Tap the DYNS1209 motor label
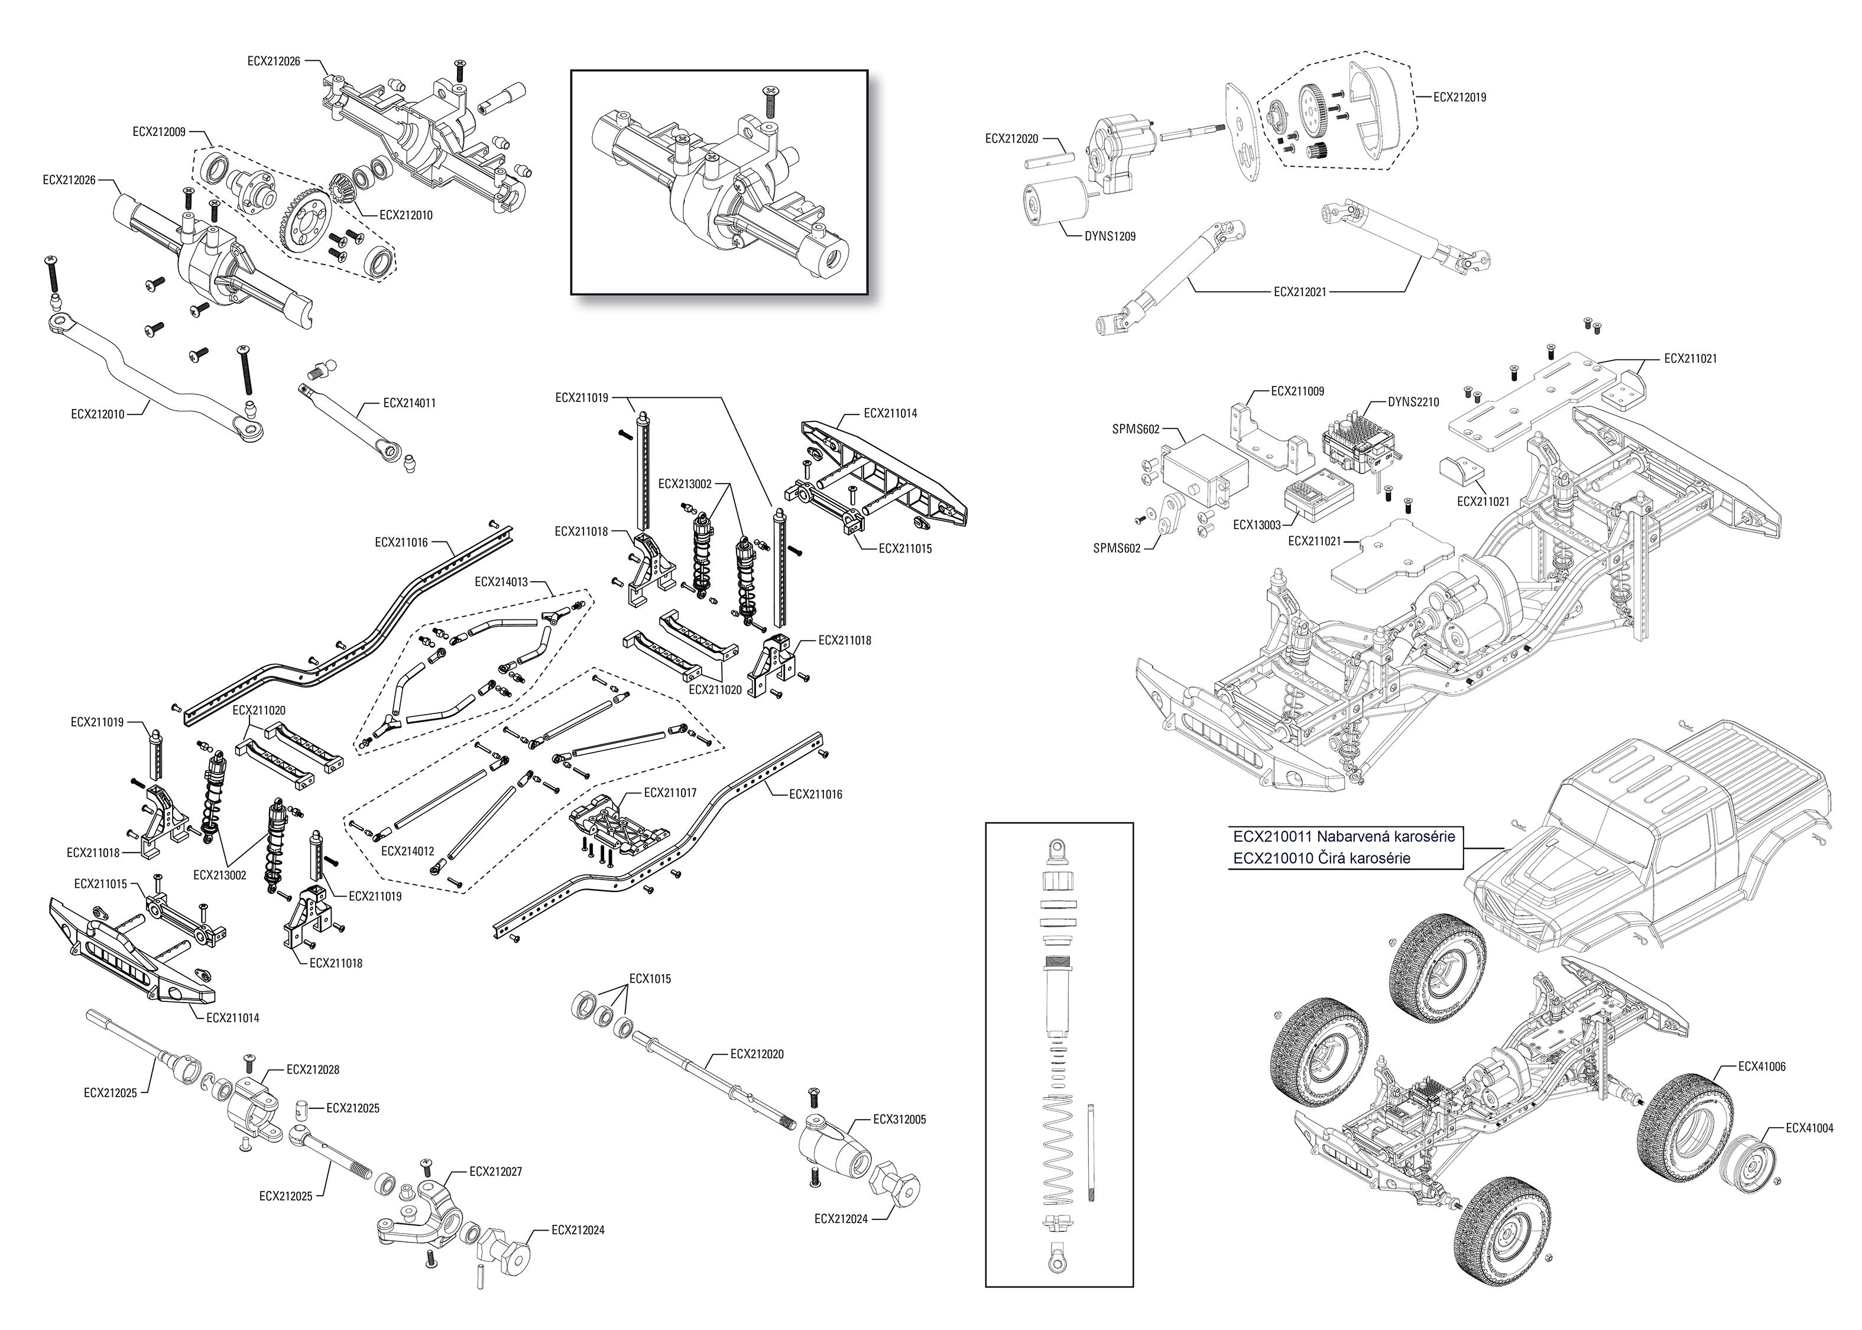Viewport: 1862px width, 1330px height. tap(1110, 236)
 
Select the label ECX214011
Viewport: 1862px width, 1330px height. tap(410, 403)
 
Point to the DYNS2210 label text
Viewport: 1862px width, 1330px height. tap(1413, 402)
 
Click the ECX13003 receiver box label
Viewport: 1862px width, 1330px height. tap(1257, 525)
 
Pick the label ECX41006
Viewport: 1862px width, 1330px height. tap(1762, 1067)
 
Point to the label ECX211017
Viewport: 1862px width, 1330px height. tap(670, 793)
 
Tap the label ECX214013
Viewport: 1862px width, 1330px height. tap(501, 582)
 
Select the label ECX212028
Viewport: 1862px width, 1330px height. tap(313, 1069)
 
